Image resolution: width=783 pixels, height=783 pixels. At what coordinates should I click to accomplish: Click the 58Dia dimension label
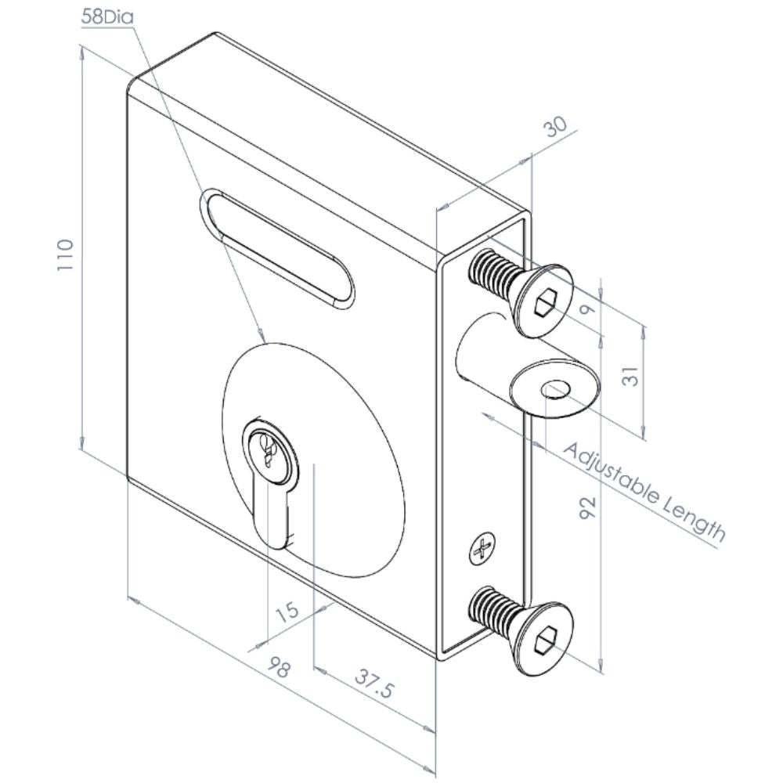coord(107,18)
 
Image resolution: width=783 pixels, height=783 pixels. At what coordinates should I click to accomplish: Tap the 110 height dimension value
coord(66,255)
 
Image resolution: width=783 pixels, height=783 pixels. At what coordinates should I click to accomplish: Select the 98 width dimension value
coord(280,668)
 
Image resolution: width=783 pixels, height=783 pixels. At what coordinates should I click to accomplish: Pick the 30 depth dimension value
coord(555,127)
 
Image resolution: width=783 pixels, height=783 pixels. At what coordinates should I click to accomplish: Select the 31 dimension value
coord(632,376)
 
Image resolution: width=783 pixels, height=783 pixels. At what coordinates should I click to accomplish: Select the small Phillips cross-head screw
coord(482,549)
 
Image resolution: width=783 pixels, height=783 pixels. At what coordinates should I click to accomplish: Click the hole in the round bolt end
coord(556,389)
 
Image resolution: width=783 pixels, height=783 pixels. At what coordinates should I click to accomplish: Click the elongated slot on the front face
coord(277,247)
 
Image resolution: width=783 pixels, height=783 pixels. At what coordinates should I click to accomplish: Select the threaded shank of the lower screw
coord(491,610)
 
